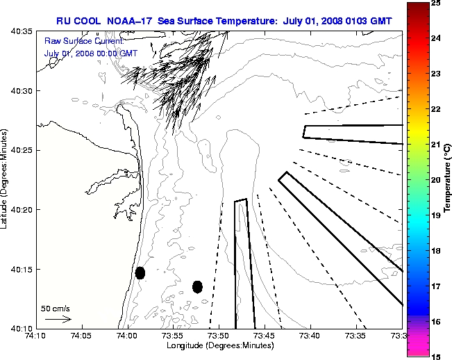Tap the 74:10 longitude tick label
(x=36, y=336)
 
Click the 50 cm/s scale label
(x=56, y=308)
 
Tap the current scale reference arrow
(x=58, y=320)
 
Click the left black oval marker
(x=140, y=272)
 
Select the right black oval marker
(x=197, y=286)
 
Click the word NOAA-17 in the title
(x=129, y=22)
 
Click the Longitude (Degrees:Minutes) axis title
(x=218, y=345)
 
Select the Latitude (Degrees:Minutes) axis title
(x=6, y=179)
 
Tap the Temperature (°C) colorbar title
(x=448, y=179)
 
